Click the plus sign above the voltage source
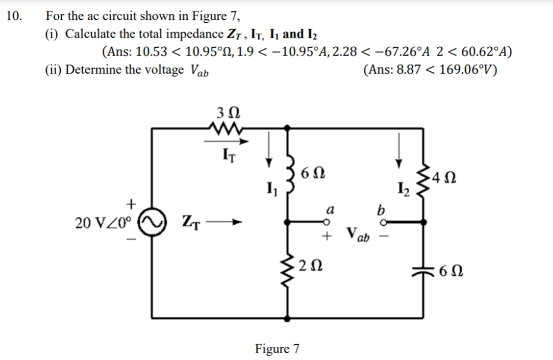click(x=132, y=203)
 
